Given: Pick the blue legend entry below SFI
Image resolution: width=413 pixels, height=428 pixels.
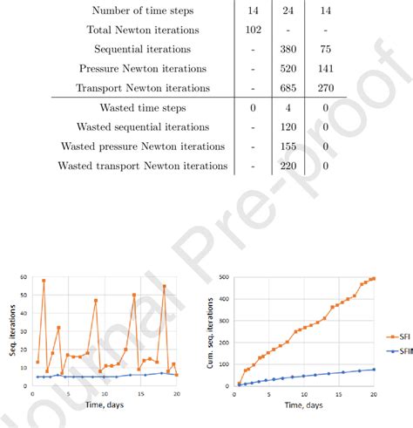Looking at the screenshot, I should tap(396, 352).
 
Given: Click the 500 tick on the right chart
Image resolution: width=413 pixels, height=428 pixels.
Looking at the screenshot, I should tap(224, 278).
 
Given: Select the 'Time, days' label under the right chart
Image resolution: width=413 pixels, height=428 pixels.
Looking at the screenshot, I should tap(303, 406).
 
